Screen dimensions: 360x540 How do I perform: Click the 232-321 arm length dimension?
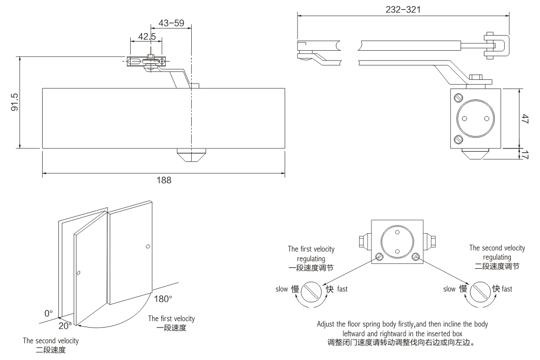403,9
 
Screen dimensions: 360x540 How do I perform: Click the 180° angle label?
163,298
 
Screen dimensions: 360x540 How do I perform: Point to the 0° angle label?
49,313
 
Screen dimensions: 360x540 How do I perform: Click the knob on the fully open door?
148,247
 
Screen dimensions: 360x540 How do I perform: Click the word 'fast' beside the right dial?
507,289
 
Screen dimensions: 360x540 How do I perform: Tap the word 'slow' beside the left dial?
282,289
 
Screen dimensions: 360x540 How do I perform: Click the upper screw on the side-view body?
458,98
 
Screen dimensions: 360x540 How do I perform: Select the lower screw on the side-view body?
458,139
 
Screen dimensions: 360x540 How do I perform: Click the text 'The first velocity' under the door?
172,318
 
